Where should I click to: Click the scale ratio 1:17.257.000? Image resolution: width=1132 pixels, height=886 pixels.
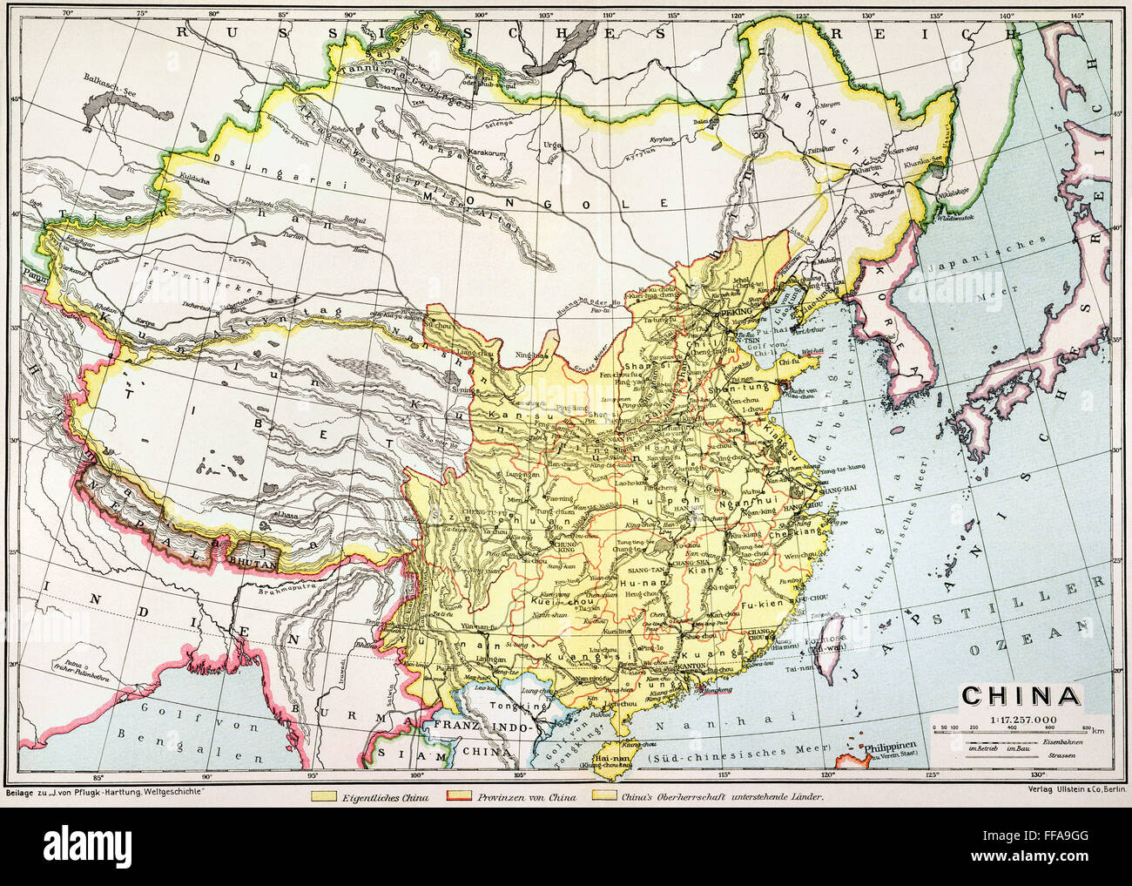point(1021,717)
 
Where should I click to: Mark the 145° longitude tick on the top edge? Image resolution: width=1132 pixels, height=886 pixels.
point(1076,13)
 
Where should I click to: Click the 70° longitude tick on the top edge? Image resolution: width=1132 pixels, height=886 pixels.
point(60,13)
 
